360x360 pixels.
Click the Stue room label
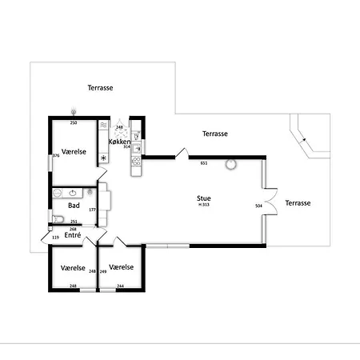tap(205, 198)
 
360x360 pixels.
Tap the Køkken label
tap(119, 142)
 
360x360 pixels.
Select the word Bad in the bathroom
tap(74, 206)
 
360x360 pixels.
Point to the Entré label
tap(73, 235)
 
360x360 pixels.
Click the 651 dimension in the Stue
tap(204, 163)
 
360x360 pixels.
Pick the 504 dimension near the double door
tap(258, 206)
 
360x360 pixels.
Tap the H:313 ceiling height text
tap(205, 206)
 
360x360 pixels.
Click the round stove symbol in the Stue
tap(230, 165)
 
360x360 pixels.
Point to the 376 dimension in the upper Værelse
tap(56, 156)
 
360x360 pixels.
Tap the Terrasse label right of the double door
tap(298, 203)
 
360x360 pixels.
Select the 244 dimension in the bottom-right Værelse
tap(121, 286)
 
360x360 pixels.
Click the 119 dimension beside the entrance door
tap(55, 238)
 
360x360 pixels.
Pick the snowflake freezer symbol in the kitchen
tap(103, 158)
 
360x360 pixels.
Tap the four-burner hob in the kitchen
tap(136, 165)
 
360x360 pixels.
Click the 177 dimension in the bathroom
tap(93, 210)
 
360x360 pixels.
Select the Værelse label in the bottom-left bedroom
tap(73, 267)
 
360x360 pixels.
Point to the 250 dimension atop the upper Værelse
tap(74, 123)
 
